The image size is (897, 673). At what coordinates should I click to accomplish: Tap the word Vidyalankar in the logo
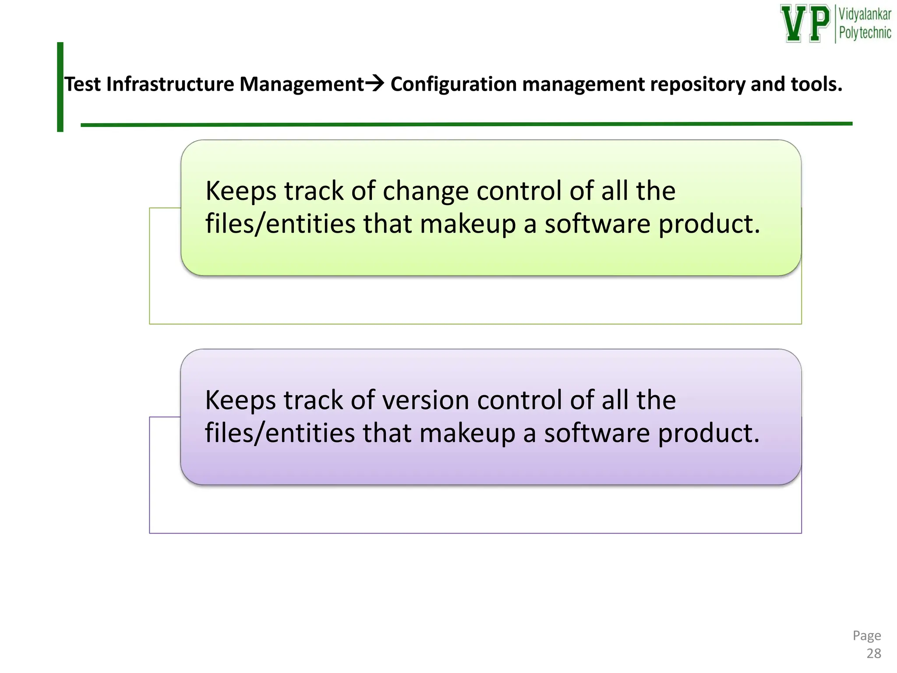click(x=865, y=14)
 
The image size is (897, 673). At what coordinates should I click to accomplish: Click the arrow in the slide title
click(x=374, y=83)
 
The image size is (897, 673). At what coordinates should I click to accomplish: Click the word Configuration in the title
click(x=453, y=84)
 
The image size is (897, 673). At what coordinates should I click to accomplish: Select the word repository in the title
click(x=697, y=84)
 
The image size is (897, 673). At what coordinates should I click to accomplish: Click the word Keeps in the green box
click(x=241, y=191)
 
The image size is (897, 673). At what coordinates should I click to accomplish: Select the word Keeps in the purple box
click(x=240, y=400)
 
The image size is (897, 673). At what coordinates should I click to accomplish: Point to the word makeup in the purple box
click(x=467, y=433)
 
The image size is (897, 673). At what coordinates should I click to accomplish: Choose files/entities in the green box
click(x=280, y=224)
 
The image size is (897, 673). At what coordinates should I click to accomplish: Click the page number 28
click(x=873, y=653)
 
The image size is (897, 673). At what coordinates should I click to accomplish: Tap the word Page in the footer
click(x=866, y=635)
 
